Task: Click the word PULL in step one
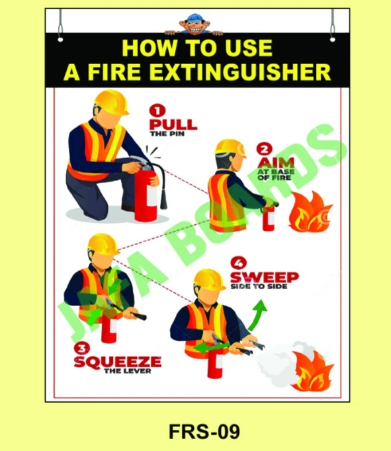(x=173, y=124)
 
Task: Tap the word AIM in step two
(x=272, y=163)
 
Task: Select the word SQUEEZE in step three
(x=117, y=362)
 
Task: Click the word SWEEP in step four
(x=264, y=277)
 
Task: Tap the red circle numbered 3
(x=81, y=348)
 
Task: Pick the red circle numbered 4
(x=238, y=262)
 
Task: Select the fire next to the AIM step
(x=311, y=211)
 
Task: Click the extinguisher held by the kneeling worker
(x=146, y=192)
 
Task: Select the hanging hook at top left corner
(x=60, y=26)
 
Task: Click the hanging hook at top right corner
(x=332, y=26)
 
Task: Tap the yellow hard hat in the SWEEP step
(x=209, y=279)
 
